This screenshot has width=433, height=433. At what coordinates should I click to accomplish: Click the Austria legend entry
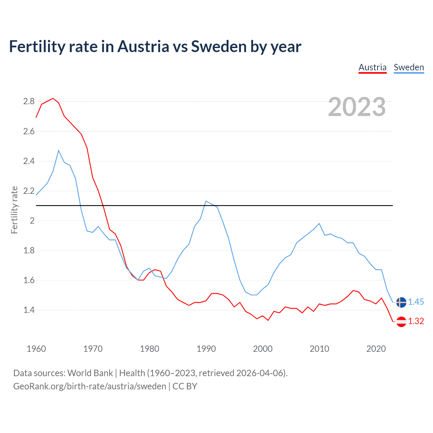372,67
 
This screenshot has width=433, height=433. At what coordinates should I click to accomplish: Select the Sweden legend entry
409,67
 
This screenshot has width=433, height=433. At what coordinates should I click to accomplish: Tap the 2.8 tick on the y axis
29,101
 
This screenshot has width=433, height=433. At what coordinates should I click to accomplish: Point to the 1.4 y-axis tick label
29,310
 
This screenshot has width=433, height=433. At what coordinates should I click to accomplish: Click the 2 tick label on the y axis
32,221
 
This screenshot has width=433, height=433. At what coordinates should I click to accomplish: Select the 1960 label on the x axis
36,349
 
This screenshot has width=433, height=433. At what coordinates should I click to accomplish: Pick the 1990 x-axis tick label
206,349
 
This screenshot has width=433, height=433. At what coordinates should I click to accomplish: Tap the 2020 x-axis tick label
376,349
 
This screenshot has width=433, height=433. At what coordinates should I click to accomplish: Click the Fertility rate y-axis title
14,210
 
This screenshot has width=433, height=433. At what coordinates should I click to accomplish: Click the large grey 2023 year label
357,107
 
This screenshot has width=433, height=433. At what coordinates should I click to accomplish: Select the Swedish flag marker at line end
401,302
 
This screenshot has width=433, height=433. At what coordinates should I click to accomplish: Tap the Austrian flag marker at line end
401,321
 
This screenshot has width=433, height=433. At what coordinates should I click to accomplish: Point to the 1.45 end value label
416,302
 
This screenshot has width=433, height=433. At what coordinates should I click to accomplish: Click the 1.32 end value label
416,321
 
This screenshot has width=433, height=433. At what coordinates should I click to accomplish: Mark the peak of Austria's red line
53,98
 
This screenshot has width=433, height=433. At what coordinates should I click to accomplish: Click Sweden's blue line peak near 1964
59,150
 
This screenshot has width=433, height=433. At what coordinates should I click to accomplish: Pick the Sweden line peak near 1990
206,201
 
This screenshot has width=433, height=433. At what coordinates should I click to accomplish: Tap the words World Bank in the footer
90,373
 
